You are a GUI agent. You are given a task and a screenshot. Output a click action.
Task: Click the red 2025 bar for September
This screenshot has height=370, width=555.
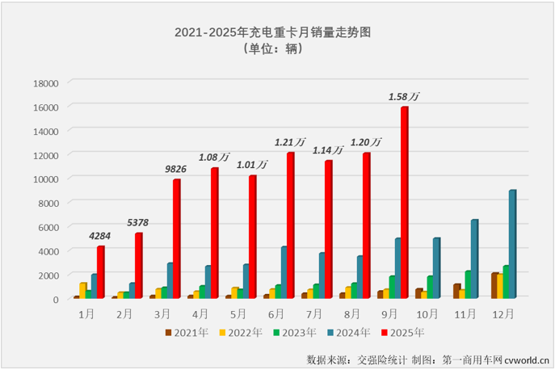[404, 202]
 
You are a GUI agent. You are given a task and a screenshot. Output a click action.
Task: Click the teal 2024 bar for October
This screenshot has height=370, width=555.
[436, 267]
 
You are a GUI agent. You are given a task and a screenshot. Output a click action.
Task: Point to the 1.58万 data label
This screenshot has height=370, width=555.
[403, 97]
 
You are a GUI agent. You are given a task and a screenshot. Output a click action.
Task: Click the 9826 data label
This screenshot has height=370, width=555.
[176, 170]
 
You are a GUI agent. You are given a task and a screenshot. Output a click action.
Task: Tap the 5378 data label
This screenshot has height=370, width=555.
[138, 223]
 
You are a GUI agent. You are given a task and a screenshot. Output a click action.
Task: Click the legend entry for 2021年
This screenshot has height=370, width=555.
[186, 331]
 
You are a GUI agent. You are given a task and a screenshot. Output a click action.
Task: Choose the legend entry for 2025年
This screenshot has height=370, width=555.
[404, 331]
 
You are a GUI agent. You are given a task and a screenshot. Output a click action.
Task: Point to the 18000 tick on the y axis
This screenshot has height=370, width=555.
[44, 82]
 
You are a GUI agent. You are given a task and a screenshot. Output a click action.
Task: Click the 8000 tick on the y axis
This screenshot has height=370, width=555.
[47, 202]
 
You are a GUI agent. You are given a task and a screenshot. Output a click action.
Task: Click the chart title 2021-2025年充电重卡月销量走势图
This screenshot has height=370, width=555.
[277, 32]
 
